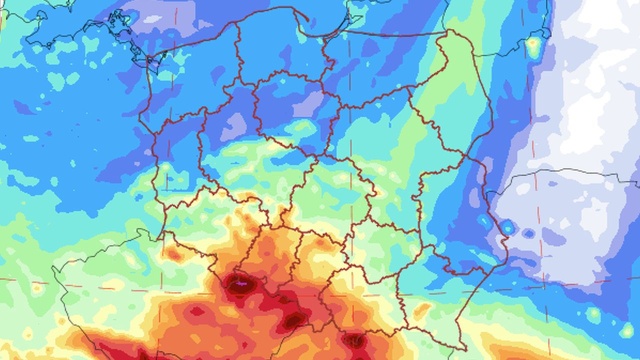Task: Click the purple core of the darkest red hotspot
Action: (240, 284)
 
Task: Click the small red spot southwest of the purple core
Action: (196, 312)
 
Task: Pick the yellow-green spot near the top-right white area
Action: (535, 44)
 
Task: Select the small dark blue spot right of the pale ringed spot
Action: (545, 237)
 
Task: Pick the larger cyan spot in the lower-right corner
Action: (594, 316)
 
